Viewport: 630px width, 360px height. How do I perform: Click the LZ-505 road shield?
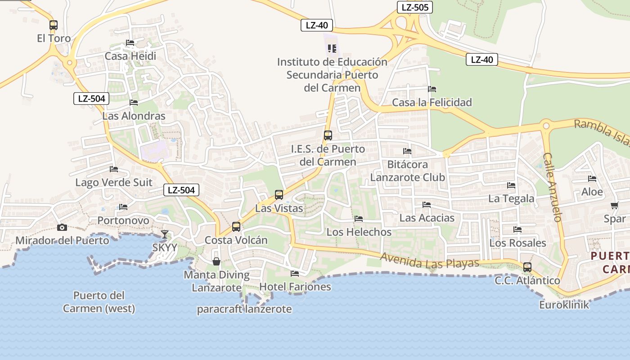click(x=415, y=7)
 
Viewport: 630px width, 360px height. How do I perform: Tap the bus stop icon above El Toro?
click(x=54, y=25)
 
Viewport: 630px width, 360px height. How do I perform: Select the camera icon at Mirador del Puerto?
click(x=62, y=227)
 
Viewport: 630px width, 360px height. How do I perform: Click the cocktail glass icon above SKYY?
click(x=165, y=234)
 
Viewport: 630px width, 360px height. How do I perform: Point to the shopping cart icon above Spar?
click(x=614, y=206)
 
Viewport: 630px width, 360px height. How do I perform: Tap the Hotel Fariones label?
click(x=295, y=287)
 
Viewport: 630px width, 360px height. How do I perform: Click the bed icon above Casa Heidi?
click(x=130, y=43)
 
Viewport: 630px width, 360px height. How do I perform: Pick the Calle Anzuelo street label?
click(x=553, y=187)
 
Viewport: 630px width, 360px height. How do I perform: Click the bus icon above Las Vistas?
click(x=279, y=195)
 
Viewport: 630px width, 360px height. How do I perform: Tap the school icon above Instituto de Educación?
click(x=332, y=48)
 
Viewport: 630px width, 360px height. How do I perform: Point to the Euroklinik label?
click(x=564, y=305)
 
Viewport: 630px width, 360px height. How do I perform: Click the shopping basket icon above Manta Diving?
click(x=216, y=261)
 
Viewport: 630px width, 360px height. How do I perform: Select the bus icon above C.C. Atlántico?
click(x=527, y=267)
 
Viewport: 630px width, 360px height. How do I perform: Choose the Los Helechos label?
click(x=359, y=232)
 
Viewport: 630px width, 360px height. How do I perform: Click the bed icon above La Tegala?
click(x=511, y=185)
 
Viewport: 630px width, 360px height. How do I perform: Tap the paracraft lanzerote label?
click(x=244, y=309)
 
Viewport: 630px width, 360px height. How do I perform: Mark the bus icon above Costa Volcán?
click(x=236, y=226)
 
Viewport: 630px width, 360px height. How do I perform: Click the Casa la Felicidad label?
click(x=432, y=103)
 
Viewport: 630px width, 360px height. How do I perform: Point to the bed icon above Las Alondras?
click(x=134, y=102)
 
